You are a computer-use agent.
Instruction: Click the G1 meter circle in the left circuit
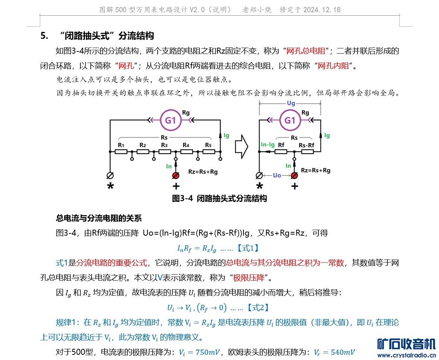[173, 120]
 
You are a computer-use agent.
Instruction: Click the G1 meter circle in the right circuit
[290, 120]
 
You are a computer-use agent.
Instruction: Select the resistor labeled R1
[121, 152]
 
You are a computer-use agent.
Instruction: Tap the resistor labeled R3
[165, 152]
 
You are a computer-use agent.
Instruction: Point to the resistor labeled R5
[209, 152]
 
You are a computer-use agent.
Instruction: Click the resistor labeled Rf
[281, 152]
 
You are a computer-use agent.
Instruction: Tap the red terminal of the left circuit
[176, 175]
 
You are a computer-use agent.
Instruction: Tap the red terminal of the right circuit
[294, 175]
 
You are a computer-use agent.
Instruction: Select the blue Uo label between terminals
[277, 175]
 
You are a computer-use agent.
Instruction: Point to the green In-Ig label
[268, 144]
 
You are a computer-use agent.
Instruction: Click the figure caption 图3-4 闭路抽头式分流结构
[219, 198]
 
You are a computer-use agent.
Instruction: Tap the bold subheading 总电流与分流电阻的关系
[99, 218]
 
